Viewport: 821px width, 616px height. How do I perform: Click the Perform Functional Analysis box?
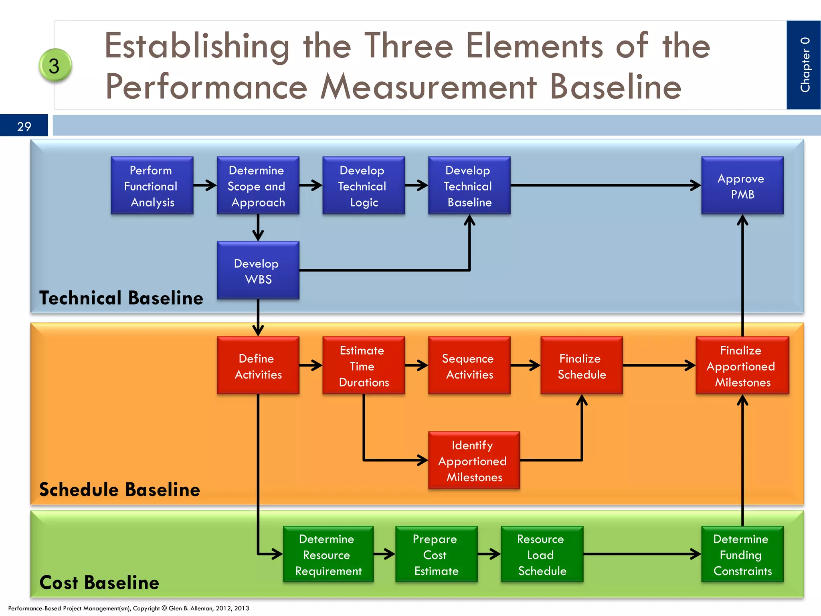152,186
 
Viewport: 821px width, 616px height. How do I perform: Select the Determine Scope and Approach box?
258,186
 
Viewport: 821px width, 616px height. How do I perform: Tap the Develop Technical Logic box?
363,186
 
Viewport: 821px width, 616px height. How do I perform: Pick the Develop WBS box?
258,271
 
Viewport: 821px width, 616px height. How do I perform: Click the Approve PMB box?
742,186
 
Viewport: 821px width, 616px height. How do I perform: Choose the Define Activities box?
258,366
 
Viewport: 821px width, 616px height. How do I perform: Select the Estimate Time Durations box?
363,366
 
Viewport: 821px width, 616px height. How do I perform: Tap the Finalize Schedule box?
581,366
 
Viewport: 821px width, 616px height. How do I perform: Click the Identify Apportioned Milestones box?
473,460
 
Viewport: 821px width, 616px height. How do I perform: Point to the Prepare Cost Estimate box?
436,554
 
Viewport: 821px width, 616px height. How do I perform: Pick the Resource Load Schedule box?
542,554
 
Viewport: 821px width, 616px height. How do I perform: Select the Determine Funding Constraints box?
742,554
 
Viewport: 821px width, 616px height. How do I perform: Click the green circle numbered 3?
55,65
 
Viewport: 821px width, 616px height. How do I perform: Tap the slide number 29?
24,126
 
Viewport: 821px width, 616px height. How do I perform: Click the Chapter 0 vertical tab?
804,65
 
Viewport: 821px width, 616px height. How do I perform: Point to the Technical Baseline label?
121,298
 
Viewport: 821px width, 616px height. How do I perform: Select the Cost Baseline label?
99,582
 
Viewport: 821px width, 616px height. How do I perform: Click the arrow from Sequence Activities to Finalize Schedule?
525,365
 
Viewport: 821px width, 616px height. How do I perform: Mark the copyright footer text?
128,608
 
